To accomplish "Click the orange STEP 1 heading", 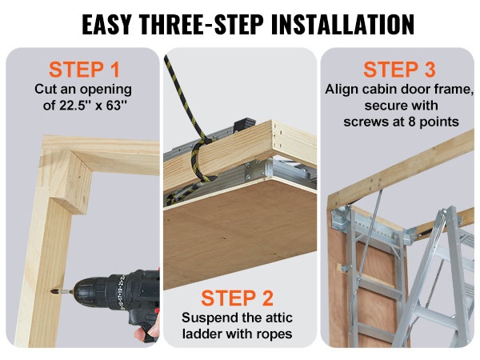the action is (x=84, y=70).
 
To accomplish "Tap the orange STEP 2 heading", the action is (x=237, y=298).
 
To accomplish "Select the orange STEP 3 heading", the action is (x=399, y=70).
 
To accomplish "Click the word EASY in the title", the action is (x=107, y=24).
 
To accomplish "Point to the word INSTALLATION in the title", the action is (x=342, y=24).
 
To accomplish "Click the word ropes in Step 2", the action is (x=274, y=334).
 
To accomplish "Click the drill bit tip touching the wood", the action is (x=52, y=290).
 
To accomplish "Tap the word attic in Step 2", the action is (x=279, y=318).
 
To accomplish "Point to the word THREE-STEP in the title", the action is (x=202, y=24).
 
